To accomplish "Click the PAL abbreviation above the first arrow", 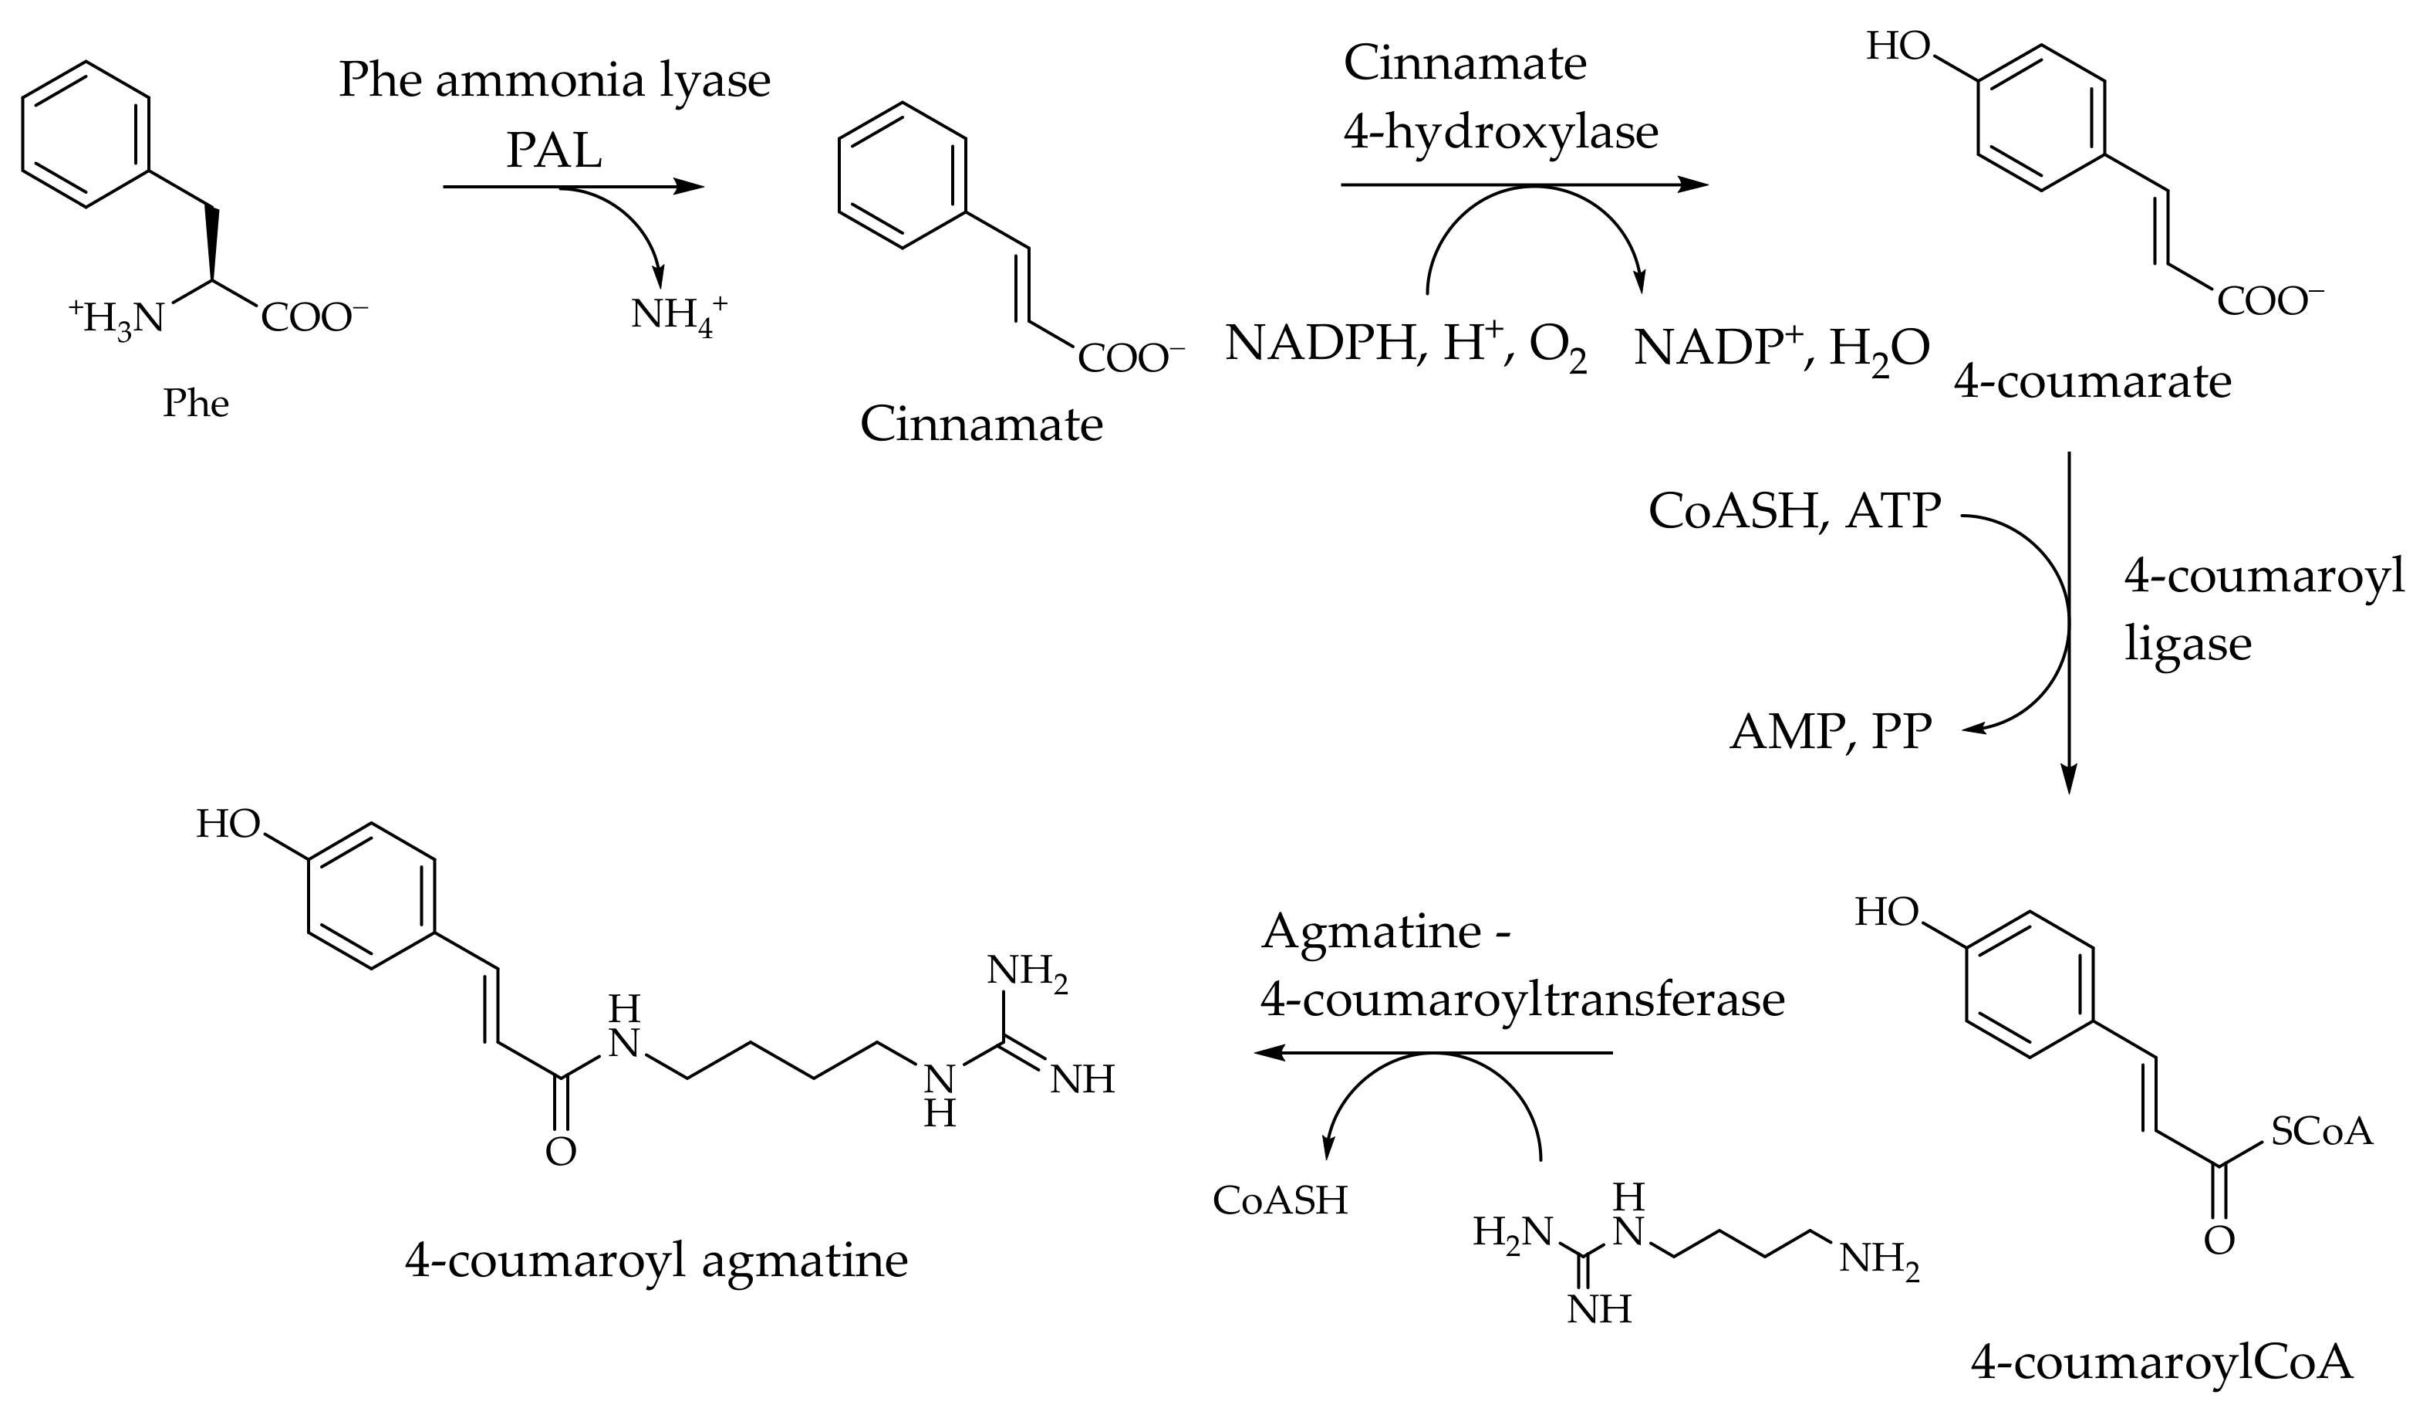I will point(554,151).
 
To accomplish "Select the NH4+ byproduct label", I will point(678,316).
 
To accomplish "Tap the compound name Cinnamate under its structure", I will point(980,425).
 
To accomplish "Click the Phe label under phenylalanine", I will point(195,403).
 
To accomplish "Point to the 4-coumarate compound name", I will point(2092,382).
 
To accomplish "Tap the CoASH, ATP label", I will point(1794,511).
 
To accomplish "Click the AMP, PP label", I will point(1830,732).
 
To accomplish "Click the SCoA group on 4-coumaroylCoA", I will point(2321,1132).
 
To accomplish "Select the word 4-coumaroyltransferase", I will point(1522,1000).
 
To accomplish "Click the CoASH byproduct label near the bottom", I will point(1280,1200).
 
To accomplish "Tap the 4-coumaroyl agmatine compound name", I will point(656,1260).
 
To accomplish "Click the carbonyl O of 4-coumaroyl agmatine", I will point(561,1152).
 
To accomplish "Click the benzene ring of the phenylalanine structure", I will point(86,134).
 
